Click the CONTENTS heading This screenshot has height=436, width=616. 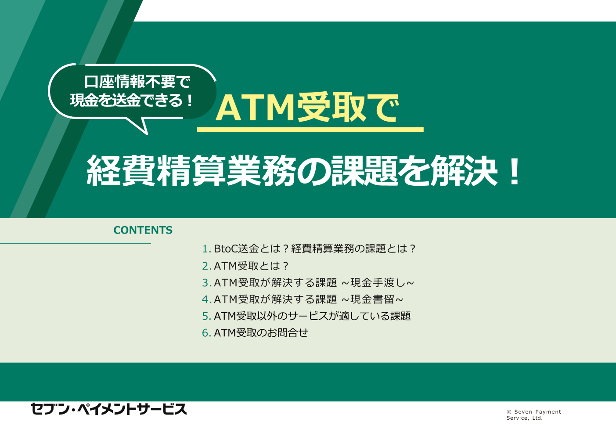(143, 230)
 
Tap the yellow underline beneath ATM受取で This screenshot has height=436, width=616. (310, 129)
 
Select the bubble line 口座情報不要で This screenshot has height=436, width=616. (137, 82)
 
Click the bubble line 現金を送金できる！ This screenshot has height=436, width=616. (132, 100)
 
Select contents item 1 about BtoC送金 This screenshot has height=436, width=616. (309, 249)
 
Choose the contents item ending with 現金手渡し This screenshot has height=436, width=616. (308, 282)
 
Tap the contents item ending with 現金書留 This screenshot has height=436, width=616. (303, 299)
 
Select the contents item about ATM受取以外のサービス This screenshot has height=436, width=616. (306, 316)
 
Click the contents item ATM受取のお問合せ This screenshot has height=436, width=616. (255, 333)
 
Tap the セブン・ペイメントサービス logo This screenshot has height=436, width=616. (109, 409)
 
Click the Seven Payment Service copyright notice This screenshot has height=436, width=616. (533, 415)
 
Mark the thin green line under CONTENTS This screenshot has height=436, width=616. (76, 243)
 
